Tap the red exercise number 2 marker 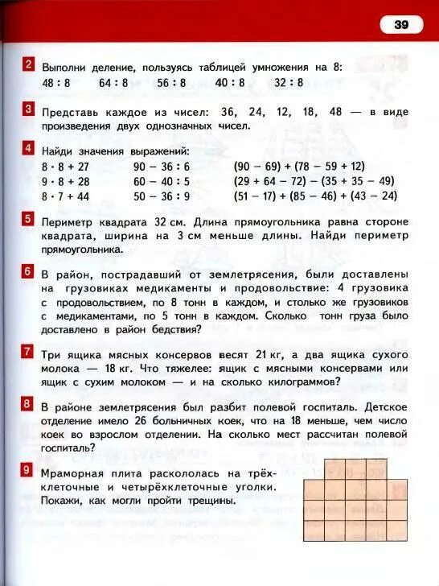point(29,66)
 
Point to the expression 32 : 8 point(289,83)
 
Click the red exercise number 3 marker point(29,109)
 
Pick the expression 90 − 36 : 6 point(162,167)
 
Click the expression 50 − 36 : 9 point(162,196)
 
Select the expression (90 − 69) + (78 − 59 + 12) point(299,167)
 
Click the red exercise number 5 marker point(29,220)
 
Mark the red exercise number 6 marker point(29,272)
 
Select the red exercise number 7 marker point(29,352)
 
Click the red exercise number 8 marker point(29,403)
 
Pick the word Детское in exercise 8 point(384,406)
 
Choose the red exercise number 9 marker point(29,469)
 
